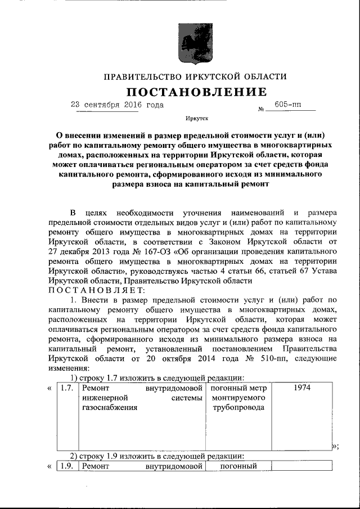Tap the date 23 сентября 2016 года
pyautogui.click(x=119, y=105)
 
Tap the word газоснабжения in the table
pyautogui.click(x=110, y=408)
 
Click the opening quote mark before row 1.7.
pyautogui.click(x=49, y=388)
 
